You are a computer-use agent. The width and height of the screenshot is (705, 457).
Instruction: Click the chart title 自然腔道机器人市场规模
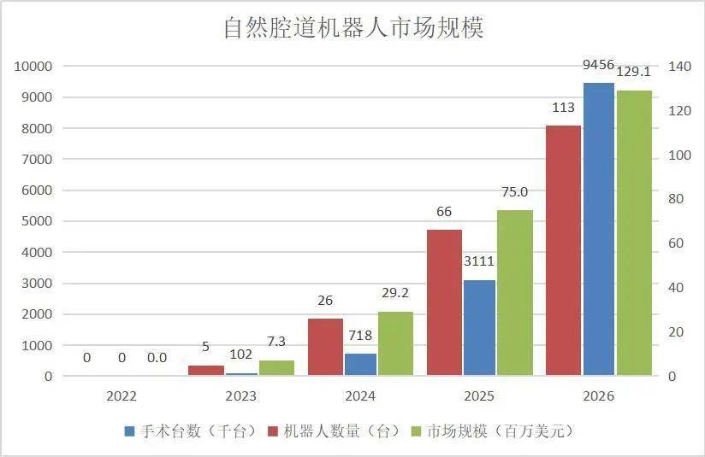pyautogui.click(x=353, y=28)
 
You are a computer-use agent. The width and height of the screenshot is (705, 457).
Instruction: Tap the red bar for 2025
pyautogui.click(x=444, y=302)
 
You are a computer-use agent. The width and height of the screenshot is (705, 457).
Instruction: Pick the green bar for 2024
pyautogui.click(x=394, y=343)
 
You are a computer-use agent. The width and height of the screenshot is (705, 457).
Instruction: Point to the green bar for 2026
pyautogui.click(x=634, y=232)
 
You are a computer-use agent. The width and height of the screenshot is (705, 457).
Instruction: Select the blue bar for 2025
pyautogui.click(x=480, y=328)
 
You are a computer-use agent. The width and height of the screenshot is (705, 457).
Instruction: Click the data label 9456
pyautogui.click(x=599, y=65)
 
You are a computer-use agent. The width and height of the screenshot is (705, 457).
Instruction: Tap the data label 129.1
pyautogui.click(x=634, y=72)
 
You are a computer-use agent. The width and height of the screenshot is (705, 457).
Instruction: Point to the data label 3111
pyautogui.click(x=479, y=261)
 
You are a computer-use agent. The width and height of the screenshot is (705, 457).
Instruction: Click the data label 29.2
pyautogui.click(x=394, y=293)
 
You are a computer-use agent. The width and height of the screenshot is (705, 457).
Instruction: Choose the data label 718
pyautogui.click(x=360, y=336)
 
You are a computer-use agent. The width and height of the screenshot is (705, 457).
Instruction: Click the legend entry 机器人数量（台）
pyautogui.click(x=335, y=431)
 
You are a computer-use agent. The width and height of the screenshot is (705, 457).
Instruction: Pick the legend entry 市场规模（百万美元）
pyautogui.click(x=491, y=431)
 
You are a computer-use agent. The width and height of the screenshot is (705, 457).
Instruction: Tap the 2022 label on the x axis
pyautogui.click(x=121, y=397)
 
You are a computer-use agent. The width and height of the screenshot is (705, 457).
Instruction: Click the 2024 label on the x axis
pyautogui.click(x=360, y=397)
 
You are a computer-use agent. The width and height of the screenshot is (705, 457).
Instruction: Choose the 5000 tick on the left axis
pyautogui.click(x=37, y=221)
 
